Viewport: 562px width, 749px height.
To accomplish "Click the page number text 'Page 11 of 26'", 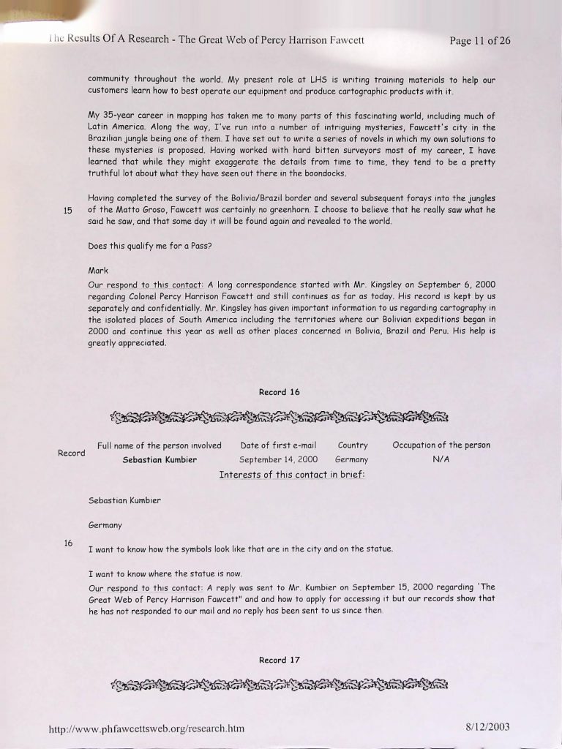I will tap(479, 40).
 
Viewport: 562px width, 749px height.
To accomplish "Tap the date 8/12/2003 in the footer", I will tap(487, 726).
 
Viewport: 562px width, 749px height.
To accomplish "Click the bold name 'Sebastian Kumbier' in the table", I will tap(160, 460).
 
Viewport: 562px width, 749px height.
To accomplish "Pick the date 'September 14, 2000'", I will tap(278, 460).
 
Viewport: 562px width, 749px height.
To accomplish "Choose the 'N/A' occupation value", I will tap(441, 459).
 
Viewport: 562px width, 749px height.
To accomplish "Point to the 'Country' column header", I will tap(353, 445).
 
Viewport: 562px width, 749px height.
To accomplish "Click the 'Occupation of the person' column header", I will tap(441, 445).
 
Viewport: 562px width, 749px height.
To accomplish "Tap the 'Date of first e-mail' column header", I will tap(278, 445).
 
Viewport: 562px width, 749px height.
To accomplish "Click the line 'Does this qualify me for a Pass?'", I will tap(150, 245).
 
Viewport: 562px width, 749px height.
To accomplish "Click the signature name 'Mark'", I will tap(98, 271).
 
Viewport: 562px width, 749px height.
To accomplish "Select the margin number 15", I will tap(68, 211).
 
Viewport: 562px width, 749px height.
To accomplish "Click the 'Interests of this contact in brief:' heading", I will tap(291, 475).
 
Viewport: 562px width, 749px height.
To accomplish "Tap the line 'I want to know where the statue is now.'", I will tap(165, 573).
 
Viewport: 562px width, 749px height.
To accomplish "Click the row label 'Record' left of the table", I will tap(72, 453).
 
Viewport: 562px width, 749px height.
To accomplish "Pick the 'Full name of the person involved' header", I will tap(160, 445).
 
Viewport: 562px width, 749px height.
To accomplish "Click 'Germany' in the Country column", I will tap(351, 460).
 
